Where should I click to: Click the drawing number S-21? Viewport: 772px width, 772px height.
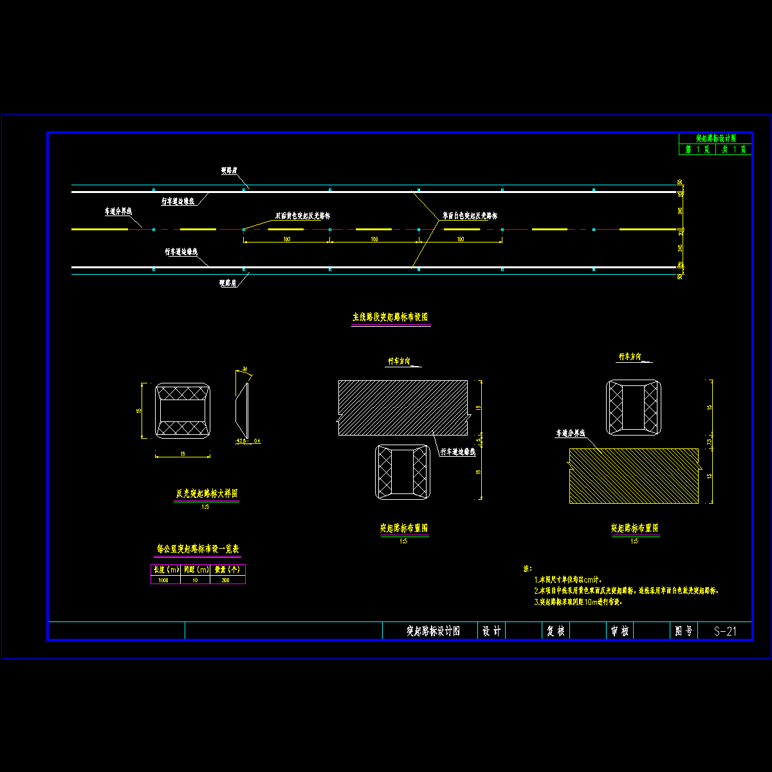pos(725,631)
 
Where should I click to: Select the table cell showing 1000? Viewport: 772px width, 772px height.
pos(165,580)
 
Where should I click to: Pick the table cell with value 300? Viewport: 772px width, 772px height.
pos(226,580)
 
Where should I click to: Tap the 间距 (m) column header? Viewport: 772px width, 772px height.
pos(196,570)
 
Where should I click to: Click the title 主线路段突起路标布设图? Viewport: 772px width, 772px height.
pos(390,317)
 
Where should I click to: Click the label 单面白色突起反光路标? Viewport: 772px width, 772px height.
pos(470,216)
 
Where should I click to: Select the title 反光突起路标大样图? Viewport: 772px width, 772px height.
pos(207,494)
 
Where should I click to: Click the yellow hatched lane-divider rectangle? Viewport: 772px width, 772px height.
pos(634,476)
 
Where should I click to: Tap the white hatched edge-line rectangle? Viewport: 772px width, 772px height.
pos(403,407)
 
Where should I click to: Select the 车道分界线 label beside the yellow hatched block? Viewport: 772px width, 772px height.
pos(571,434)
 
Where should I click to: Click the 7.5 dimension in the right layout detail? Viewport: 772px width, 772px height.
pos(710,442)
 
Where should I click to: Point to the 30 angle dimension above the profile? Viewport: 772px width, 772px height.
pos(244,369)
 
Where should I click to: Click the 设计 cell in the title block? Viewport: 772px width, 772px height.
pos(492,631)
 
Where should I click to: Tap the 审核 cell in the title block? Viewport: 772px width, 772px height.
pos(620,631)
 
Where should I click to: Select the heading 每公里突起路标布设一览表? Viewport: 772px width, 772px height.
pos(198,549)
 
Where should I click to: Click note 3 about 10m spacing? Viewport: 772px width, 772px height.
pos(578,603)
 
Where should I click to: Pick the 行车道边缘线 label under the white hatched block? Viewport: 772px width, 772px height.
pos(457,452)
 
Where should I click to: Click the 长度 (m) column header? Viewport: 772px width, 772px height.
pos(165,570)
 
